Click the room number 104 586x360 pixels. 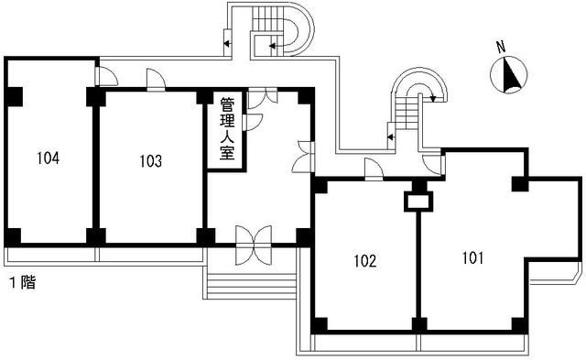pos(49,158)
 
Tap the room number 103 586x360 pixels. pos(151,162)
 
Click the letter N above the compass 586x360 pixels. pos(500,47)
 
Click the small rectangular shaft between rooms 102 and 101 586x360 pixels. pos(418,200)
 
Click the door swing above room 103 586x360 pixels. pos(156,81)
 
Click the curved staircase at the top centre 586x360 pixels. pos(279,32)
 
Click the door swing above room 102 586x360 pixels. pos(374,166)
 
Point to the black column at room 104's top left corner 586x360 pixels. pos(14,95)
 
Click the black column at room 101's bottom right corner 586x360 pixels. pos(519,322)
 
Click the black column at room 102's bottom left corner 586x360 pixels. pos(319,323)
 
